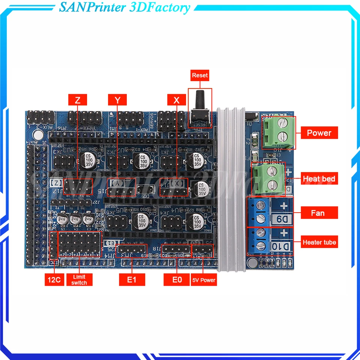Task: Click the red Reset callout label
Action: [199, 75]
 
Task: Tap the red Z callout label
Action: [78, 100]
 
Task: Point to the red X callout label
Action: [177, 100]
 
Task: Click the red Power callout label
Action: [319, 133]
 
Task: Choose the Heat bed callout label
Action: [319, 179]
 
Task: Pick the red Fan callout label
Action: [318, 213]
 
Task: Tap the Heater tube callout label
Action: [319, 242]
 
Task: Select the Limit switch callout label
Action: [79, 280]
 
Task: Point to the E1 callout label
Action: [132, 279]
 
